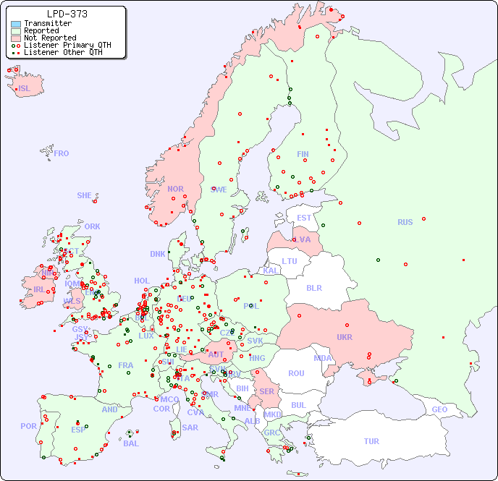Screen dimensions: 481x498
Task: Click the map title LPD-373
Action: coord(67,14)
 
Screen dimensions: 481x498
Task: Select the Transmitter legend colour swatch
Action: coord(16,23)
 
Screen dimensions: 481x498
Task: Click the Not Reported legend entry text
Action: coord(49,38)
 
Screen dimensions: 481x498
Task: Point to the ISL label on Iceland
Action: coord(25,89)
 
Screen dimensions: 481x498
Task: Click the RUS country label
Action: coord(405,223)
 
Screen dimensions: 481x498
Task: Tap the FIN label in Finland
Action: coord(303,154)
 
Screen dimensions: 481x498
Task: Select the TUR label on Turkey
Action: coord(371,441)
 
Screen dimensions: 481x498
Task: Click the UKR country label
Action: coord(345,337)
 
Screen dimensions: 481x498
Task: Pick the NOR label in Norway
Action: coord(175,190)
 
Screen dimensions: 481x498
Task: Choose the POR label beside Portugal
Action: coord(28,426)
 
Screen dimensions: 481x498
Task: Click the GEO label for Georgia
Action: coord(439,410)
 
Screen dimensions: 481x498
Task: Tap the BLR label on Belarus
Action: coord(314,288)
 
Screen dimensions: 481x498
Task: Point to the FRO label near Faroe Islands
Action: coord(62,153)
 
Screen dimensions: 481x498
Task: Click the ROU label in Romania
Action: coord(296,373)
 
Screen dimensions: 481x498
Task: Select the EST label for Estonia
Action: coord(305,218)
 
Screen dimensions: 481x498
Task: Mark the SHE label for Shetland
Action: coord(84,195)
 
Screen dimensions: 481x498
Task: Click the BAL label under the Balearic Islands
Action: coord(130,443)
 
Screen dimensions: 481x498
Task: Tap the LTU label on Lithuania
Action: coord(290,261)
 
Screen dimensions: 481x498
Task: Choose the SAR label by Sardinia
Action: coord(190,427)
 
